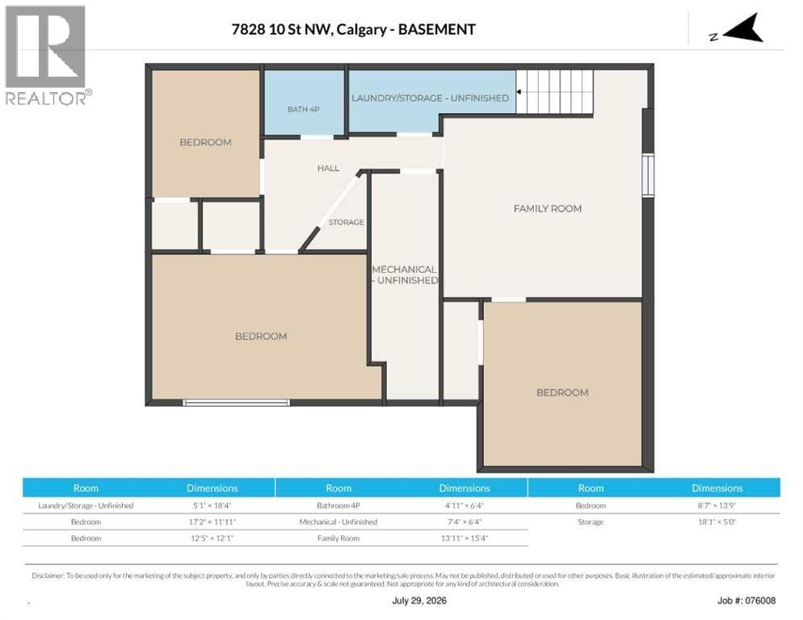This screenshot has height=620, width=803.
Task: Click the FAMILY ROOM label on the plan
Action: coord(548,208)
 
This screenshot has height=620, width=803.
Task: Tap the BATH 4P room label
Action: coord(304,109)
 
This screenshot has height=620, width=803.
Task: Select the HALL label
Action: coord(328,168)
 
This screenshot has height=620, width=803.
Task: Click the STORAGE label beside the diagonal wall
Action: coord(347,222)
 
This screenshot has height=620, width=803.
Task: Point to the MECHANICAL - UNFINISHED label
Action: coord(405,275)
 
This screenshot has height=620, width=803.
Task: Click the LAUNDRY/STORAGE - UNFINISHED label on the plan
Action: coord(430,98)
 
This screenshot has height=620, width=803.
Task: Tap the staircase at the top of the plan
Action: coord(555,92)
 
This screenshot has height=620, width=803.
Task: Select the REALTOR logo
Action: coord(47,55)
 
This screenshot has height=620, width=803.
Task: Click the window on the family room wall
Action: coord(649,174)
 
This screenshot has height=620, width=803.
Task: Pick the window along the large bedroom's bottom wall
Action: coord(236,403)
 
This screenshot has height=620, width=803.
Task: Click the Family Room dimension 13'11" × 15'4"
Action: coord(465,538)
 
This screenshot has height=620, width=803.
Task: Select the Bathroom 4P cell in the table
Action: coord(338,505)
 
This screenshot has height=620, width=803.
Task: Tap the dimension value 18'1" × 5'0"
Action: coord(717,522)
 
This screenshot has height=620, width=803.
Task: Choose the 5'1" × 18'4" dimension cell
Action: coord(212,505)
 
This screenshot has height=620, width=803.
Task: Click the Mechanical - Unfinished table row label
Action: coord(338,522)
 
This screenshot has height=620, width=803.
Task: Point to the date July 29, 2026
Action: coord(419,601)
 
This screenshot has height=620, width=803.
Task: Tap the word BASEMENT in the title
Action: coord(437,29)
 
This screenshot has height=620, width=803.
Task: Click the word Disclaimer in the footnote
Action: coord(48,576)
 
